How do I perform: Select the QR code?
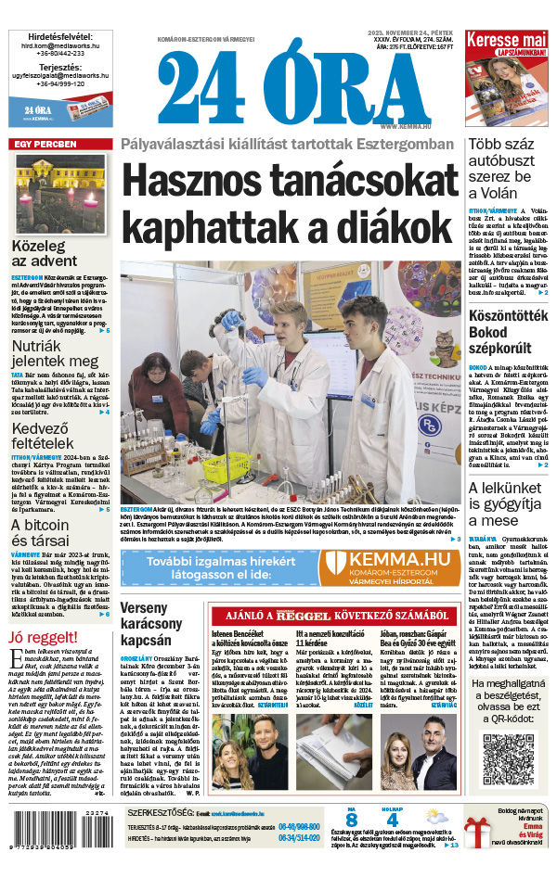click(510, 757)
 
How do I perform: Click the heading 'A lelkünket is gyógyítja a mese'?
click(508, 504)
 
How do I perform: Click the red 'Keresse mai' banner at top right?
click(506, 42)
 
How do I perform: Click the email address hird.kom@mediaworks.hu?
click(59, 44)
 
